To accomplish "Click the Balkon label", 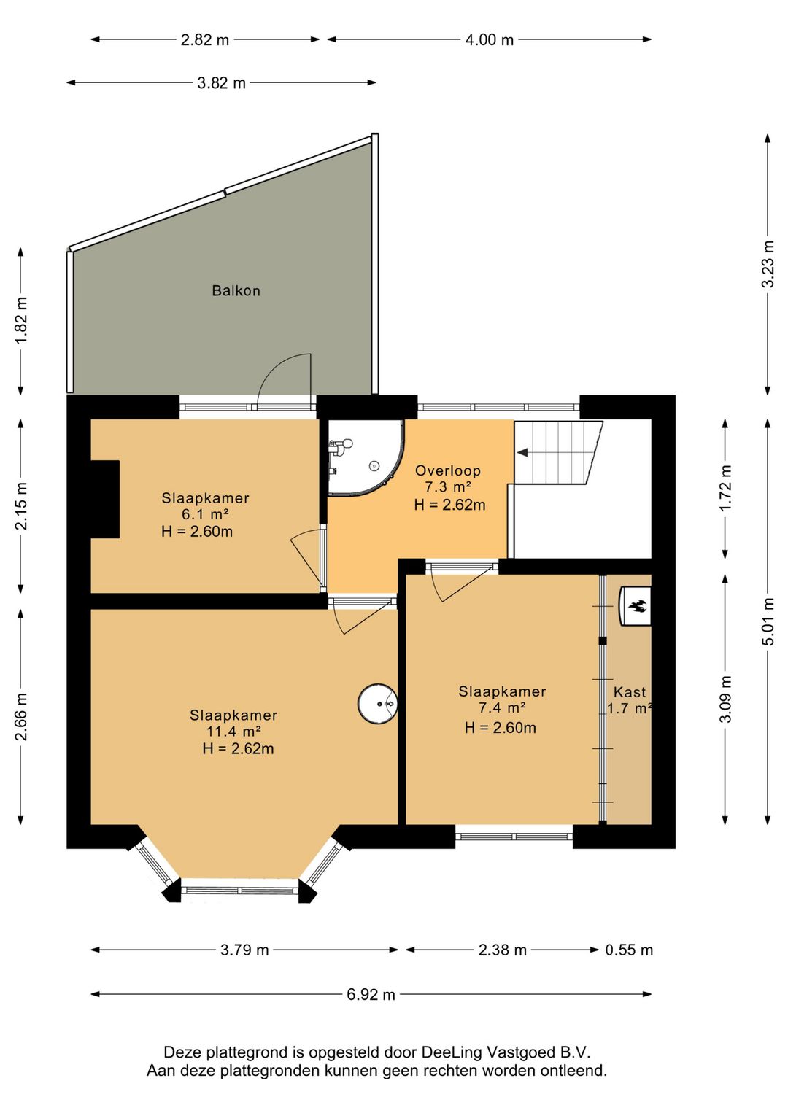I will [x=236, y=290].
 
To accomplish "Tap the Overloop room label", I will [x=447, y=470].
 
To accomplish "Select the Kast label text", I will [x=629, y=692].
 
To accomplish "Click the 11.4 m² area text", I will [x=233, y=732].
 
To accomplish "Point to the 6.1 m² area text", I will [x=205, y=515].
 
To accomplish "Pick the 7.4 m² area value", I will [x=502, y=708].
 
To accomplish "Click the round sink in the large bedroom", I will [x=378, y=704].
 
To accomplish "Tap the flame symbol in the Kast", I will [x=637, y=606].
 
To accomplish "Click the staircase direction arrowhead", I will [x=522, y=453].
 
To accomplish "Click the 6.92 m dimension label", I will [x=371, y=994].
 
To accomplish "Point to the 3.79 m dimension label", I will [x=244, y=950].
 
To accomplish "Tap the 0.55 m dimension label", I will [x=629, y=950].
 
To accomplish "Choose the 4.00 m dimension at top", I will [x=490, y=39].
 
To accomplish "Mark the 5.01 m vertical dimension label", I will [x=768, y=621].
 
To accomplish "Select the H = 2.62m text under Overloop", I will [x=449, y=505].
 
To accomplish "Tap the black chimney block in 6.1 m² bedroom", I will [x=104, y=500].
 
